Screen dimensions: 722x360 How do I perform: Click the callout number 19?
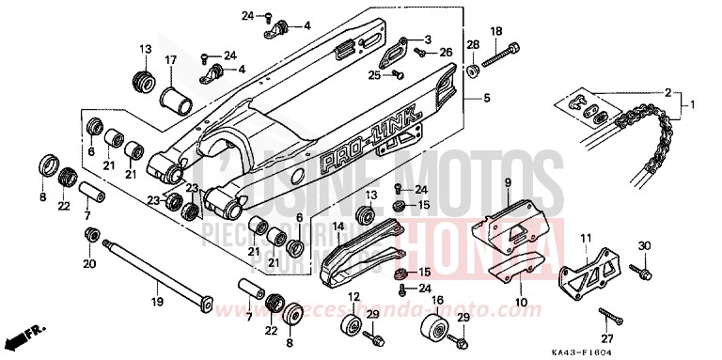point(157,302)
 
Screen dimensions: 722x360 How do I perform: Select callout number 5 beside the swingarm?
point(487,98)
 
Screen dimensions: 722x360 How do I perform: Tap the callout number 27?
point(606,338)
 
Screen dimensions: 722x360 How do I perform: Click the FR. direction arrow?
point(24,334)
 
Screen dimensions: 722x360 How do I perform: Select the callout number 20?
point(89,264)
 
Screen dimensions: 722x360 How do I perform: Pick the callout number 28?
point(474,44)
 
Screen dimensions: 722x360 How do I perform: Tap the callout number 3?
point(428,39)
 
